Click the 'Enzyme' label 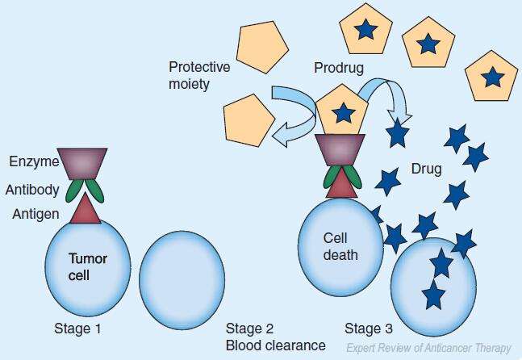pos(34,162)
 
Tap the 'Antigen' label pos(35,214)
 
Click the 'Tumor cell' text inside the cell pos(87,266)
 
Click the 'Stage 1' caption pos(77,329)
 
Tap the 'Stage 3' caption pos(369,329)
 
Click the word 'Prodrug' pos(338,68)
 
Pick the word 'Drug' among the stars pos(426,170)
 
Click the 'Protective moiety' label pos(199,75)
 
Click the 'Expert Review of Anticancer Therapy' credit pos(428,348)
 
